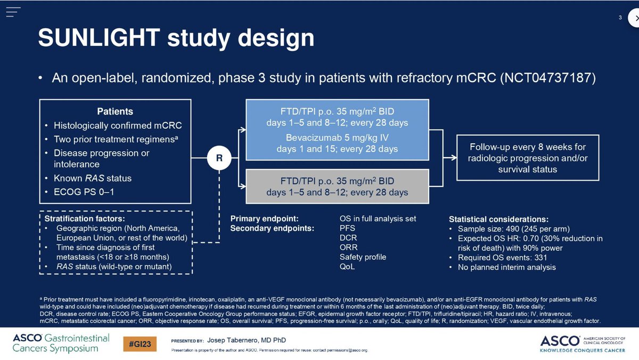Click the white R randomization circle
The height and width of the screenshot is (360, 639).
click(x=218, y=159)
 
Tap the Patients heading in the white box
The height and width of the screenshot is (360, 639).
click(x=115, y=111)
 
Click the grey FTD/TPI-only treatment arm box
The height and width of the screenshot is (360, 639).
click(x=337, y=186)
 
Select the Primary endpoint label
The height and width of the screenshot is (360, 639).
click(x=264, y=218)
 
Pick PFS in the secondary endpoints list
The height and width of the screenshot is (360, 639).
click(x=348, y=228)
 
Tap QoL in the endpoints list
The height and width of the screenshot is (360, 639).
click(x=347, y=266)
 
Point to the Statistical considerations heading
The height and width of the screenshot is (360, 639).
click(x=498, y=219)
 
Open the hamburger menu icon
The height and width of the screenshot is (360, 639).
click(x=14, y=12)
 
